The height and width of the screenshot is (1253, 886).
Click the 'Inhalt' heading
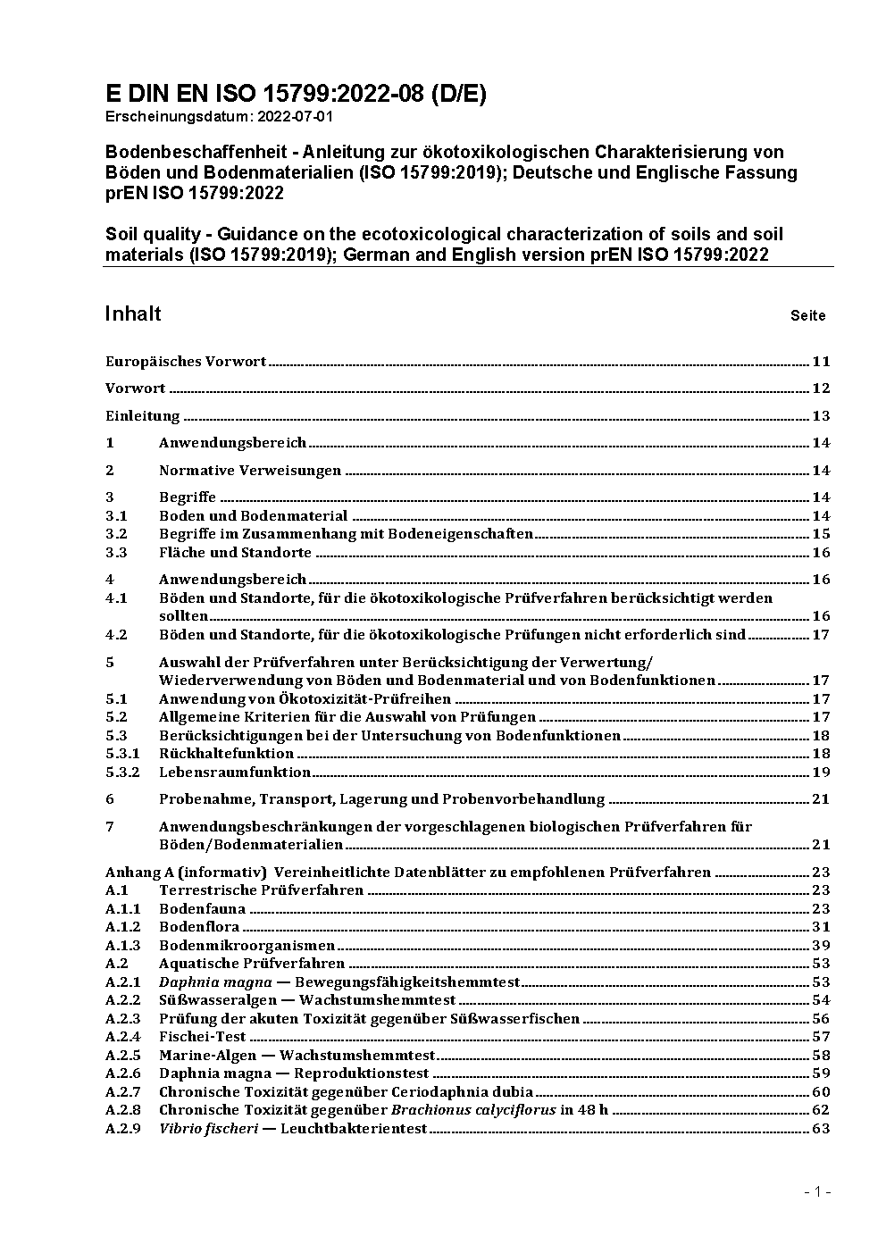133,313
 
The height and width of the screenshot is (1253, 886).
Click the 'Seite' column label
807,315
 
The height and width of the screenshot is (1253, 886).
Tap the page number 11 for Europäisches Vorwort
821,362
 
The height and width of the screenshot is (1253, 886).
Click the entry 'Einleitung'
143,416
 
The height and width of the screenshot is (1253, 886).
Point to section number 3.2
116,534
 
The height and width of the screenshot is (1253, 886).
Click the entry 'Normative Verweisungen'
250,471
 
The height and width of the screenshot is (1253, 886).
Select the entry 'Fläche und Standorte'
235,553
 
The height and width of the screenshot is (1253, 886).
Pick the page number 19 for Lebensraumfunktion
821,773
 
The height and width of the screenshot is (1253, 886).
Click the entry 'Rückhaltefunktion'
226,754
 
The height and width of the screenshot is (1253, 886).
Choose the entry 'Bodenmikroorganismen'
247,946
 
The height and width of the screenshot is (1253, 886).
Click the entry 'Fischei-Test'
202,1037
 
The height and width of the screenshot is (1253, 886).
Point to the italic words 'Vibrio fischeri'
208,1129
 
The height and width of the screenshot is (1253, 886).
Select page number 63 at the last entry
821,1129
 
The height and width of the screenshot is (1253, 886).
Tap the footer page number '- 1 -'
818,1191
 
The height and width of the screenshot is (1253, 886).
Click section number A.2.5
123,1056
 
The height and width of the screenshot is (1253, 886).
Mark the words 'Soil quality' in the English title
153,234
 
